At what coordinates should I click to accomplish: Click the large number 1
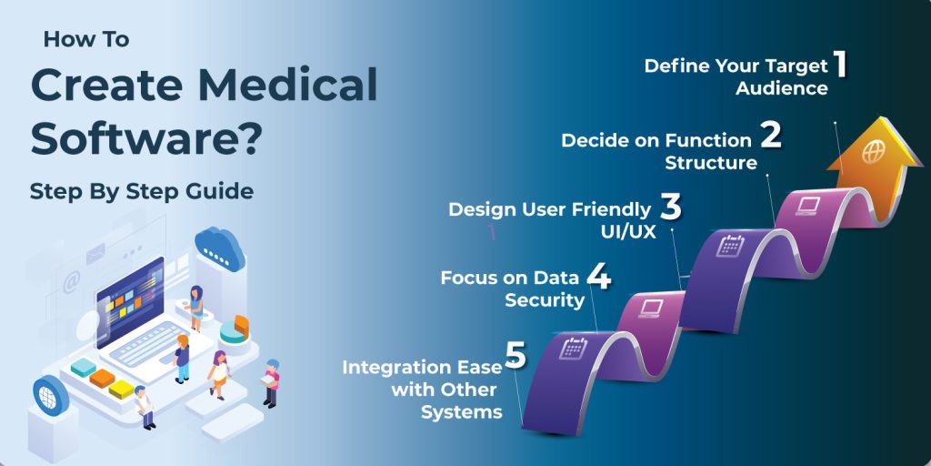click(839, 64)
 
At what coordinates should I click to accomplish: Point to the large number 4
click(598, 277)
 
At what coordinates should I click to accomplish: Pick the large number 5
click(516, 354)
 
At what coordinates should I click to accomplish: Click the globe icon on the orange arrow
click(874, 152)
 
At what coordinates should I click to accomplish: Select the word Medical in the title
click(288, 85)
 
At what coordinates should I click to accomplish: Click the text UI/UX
click(628, 232)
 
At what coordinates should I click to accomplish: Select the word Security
click(545, 300)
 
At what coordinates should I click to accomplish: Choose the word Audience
click(781, 88)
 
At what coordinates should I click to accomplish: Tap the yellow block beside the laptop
click(121, 390)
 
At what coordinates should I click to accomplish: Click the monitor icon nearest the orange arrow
click(808, 206)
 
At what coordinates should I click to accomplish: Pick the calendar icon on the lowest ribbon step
click(573, 348)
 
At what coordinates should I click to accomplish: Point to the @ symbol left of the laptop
click(72, 282)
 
